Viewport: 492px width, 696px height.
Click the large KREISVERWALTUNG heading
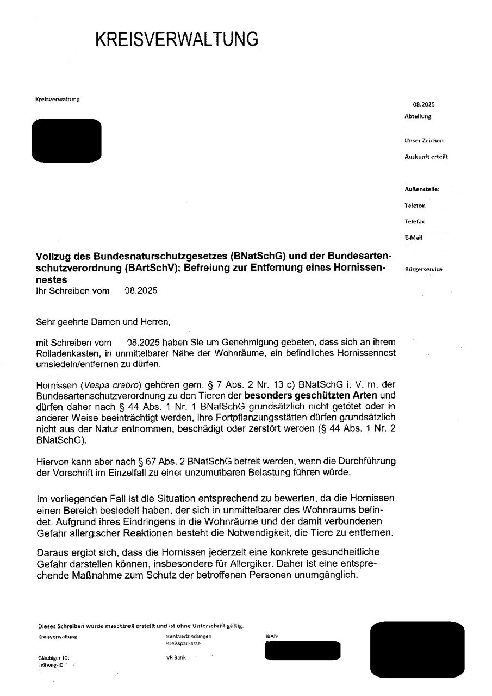click(177, 39)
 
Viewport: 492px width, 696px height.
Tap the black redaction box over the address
click(67, 140)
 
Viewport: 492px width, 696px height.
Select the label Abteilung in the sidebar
click(418, 116)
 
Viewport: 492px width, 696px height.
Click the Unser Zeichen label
click(424, 140)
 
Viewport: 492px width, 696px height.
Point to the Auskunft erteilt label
click(426, 157)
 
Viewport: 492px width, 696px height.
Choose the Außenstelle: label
click(422, 189)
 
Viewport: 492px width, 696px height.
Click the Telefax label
click(415, 222)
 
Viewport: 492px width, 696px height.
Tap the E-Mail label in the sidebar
click(414, 238)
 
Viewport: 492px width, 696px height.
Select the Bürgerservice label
click(424, 269)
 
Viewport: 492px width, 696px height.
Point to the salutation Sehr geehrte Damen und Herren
click(103, 322)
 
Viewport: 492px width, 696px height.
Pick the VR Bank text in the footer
click(176, 657)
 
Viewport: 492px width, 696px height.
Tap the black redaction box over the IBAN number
click(302, 650)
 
